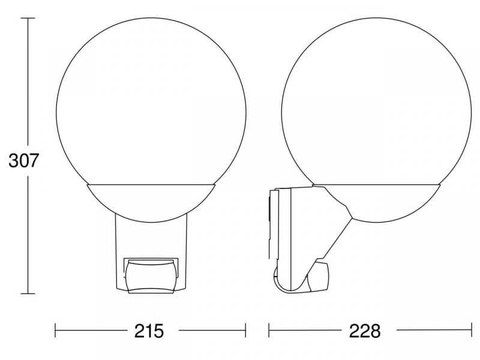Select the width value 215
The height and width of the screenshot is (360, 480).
click(x=150, y=331)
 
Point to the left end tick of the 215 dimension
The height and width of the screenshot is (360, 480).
click(x=56, y=331)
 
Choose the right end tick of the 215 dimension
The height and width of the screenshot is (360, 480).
click(x=245, y=331)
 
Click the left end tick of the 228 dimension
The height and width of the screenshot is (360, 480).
click(x=269, y=331)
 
